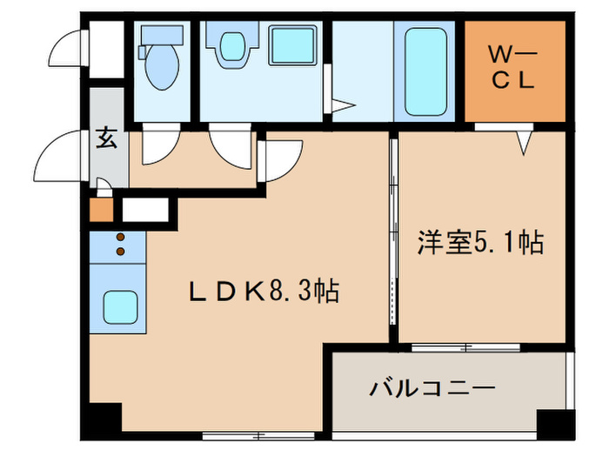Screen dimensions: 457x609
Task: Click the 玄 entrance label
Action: [x=105, y=139]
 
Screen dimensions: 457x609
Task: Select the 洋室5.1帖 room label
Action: [x=481, y=242]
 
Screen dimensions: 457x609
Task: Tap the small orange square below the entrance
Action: [x=101, y=210]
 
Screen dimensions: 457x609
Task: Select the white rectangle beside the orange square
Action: [x=146, y=210]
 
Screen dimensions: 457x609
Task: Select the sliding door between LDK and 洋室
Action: [x=393, y=235]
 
